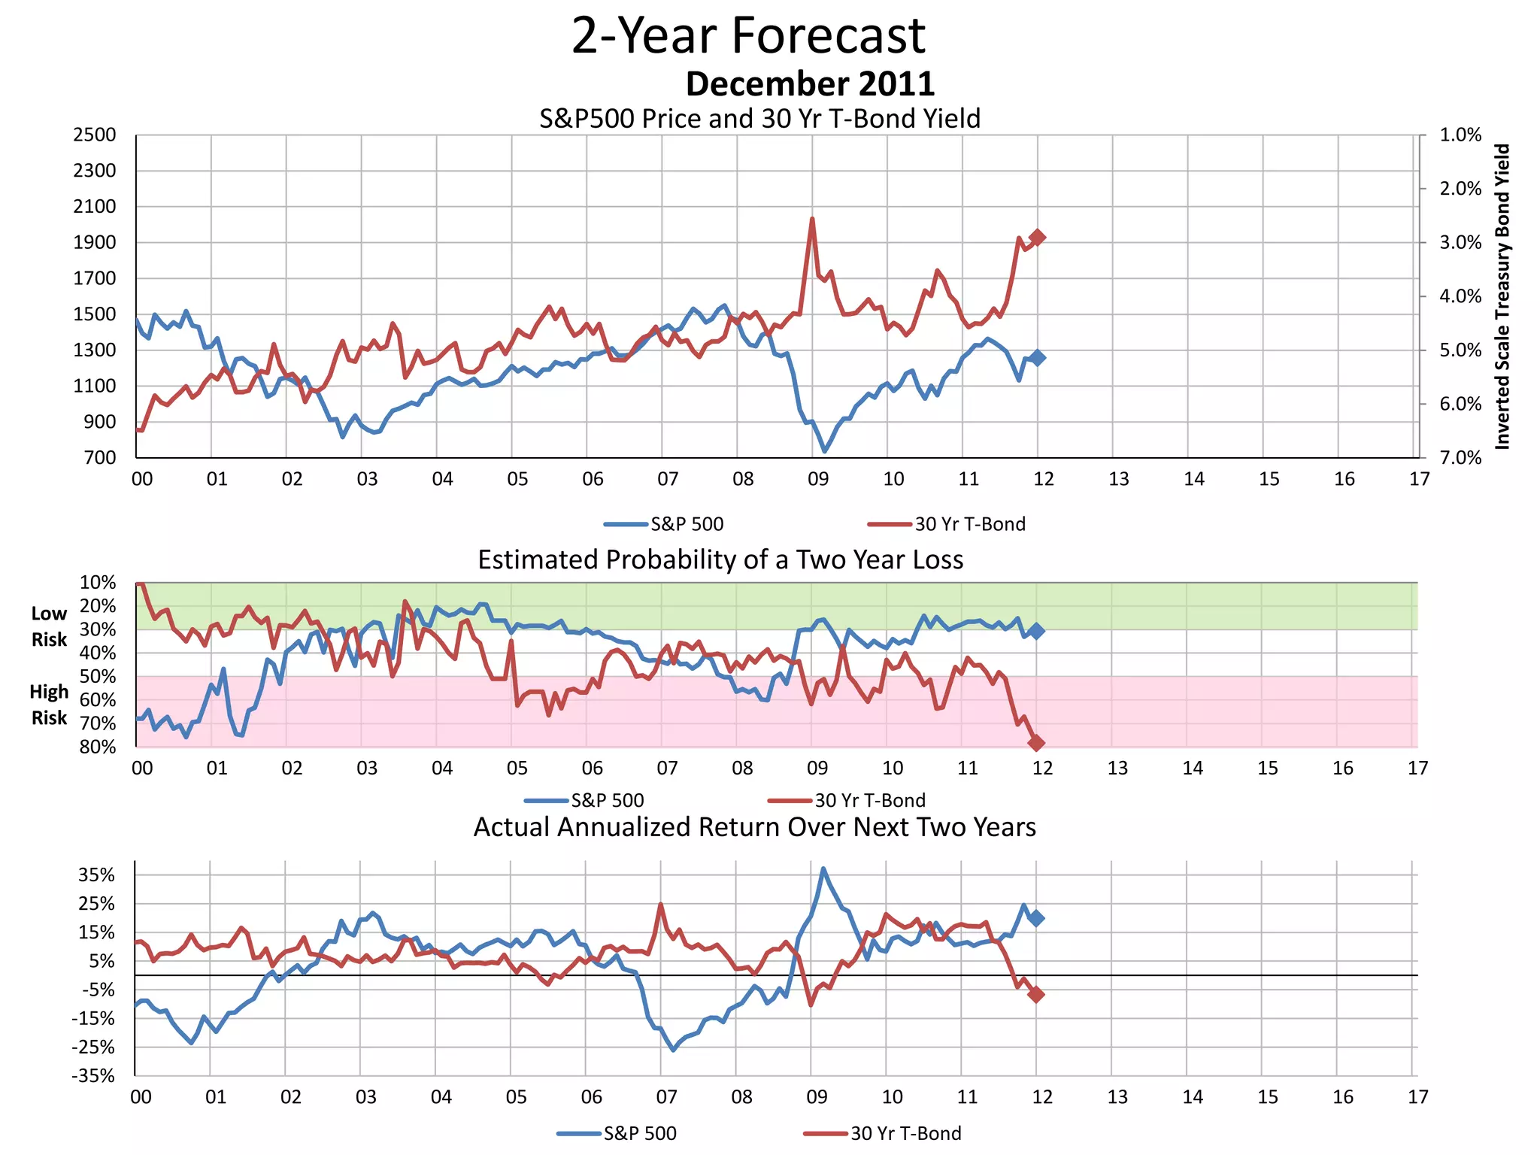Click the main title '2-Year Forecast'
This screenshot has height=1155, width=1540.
[x=748, y=35]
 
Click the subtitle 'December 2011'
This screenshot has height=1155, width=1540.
[x=810, y=83]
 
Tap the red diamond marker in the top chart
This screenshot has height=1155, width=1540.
[x=1038, y=238]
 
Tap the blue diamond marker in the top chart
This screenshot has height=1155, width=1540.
[x=1038, y=358]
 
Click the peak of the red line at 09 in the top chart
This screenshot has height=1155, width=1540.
[x=812, y=219]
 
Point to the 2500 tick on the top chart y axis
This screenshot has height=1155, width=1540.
[x=95, y=135]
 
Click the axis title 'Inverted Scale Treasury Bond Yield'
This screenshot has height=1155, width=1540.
[x=1502, y=297]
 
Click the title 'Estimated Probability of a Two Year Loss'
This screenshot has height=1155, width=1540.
[x=720, y=560]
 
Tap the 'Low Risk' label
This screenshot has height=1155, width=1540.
[x=49, y=626]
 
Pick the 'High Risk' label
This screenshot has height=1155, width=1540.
[x=49, y=705]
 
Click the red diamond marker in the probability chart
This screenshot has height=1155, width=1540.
[x=1036, y=743]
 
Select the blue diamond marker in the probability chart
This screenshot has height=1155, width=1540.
[x=1036, y=631]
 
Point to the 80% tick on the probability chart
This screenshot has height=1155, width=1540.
[x=98, y=747]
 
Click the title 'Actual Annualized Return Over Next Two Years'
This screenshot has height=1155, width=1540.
[x=754, y=827]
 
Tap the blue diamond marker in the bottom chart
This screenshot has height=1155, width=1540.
[x=1036, y=918]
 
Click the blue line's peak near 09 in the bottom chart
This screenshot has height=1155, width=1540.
[x=823, y=869]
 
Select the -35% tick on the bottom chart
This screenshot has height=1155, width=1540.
[x=93, y=1076]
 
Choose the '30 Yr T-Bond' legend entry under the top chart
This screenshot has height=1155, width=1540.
[x=969, y=524]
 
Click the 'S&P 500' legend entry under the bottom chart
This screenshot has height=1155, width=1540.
[x=639, y=1133]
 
